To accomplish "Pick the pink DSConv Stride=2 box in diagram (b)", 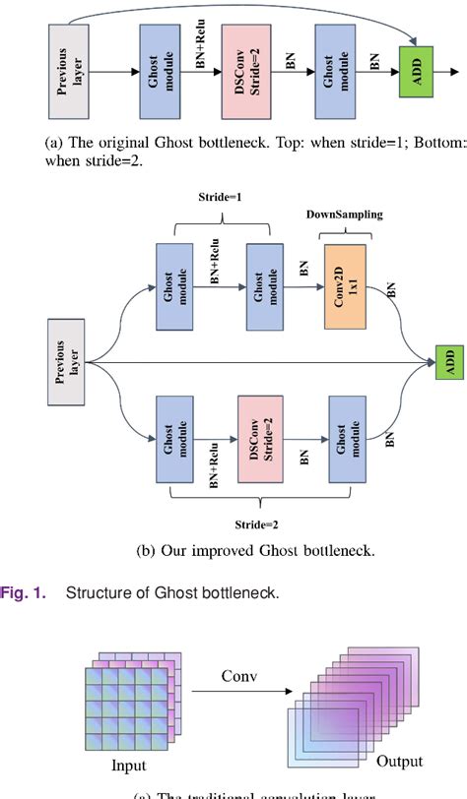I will (x=261, y=440).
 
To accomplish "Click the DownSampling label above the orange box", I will (x=345, y=214).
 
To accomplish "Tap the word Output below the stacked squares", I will (x=399, y=761).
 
